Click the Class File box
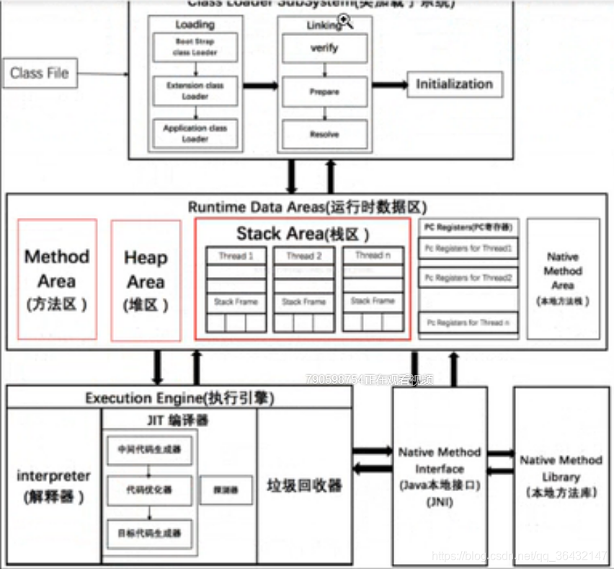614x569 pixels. click(x=40, y=73)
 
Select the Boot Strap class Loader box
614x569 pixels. click(x=195, y=48)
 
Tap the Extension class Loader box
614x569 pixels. click(x=195, y=90)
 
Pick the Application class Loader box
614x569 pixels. click(x=195, y=133)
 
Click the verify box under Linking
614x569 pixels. click(x=324, y=49)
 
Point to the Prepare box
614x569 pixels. click(x=324, y=92)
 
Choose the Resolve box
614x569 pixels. click(x=324, y=134)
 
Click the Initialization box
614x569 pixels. click(x=454, y=84)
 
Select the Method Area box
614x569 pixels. click(x=58, y=279)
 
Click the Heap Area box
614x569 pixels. click(x=146, y=280)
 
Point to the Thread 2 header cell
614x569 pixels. click(x=304, y=256)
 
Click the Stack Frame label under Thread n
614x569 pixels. click(x=373, y=301)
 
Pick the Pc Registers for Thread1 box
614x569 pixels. click(x=468, y=249)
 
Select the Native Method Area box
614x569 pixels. click(x=563, y=278)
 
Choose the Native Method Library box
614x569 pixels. click(x=561, y=476)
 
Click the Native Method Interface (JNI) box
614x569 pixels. click(x=440, y=476)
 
